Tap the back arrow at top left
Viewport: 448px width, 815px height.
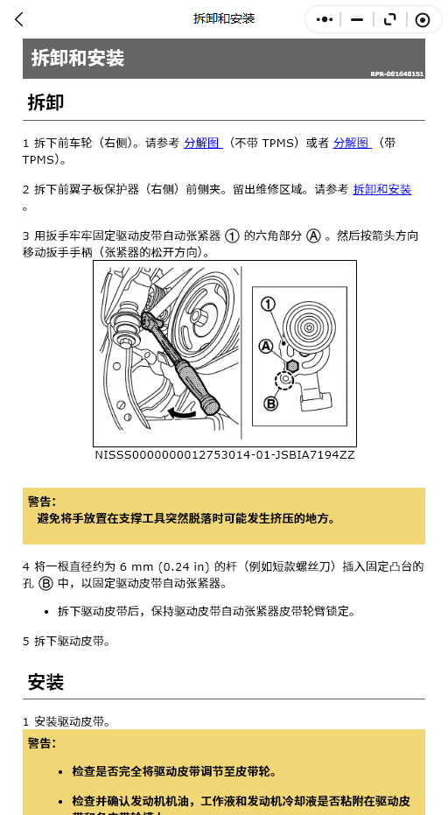19,20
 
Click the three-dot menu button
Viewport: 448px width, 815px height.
325,20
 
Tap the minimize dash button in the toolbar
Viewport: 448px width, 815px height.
356,20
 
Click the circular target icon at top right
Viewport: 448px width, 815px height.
423,20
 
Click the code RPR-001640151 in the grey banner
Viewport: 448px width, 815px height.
397,74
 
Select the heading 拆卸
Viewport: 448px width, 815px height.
45,102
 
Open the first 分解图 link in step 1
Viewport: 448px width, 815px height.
203,143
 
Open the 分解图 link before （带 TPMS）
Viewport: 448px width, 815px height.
353,143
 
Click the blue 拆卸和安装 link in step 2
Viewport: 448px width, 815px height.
382,190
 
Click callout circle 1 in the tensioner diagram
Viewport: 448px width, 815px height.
268,304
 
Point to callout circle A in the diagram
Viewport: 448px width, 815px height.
266,346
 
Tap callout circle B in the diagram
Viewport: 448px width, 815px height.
270,403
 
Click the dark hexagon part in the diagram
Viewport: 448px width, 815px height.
292,366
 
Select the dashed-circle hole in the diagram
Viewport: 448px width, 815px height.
284,381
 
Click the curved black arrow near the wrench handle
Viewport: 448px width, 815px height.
181,414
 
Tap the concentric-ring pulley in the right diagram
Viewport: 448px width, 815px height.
309,327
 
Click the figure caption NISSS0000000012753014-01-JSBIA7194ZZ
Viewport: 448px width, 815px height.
225,455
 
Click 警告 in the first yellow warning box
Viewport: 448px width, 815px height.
42,502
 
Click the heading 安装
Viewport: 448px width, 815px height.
45,682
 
